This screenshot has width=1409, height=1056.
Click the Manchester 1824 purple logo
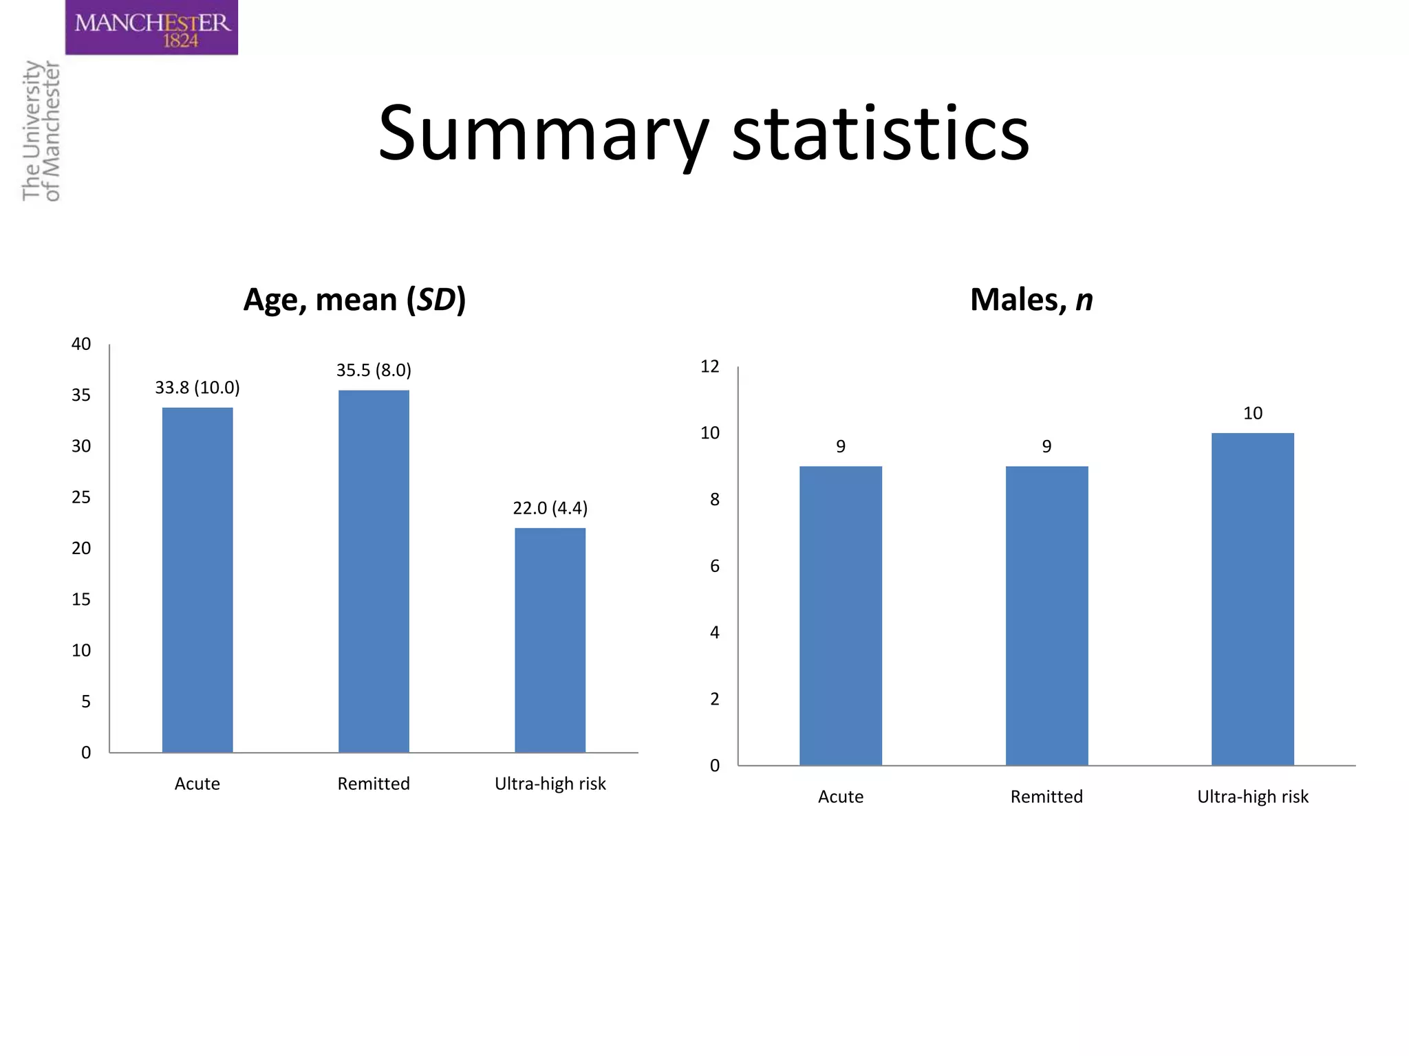(151, 27)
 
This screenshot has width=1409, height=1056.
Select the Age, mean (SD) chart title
(354, 300)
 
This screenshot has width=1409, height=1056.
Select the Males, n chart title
(1031, 300)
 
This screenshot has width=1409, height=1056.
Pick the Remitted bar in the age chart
(374, 571)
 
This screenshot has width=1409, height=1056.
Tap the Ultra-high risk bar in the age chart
(550, 639)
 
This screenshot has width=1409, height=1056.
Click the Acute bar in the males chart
(840, 615)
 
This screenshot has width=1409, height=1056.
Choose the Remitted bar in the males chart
(1046, 615)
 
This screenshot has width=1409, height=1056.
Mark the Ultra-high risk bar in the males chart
(1252, 598)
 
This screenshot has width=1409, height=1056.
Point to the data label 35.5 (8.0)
(374, 371)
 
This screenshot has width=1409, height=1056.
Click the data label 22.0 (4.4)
(550, 508)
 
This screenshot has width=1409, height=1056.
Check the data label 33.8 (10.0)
(197, 388)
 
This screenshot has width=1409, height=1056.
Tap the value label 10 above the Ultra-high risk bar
(1252, 413)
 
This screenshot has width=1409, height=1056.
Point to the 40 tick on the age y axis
(81, 344)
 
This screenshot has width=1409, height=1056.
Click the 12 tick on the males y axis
(709, 366)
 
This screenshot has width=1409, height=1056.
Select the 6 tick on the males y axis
(714, 566)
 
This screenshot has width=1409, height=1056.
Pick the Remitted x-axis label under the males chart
(1046, 797)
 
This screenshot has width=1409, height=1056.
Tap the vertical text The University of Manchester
(41, 131)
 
